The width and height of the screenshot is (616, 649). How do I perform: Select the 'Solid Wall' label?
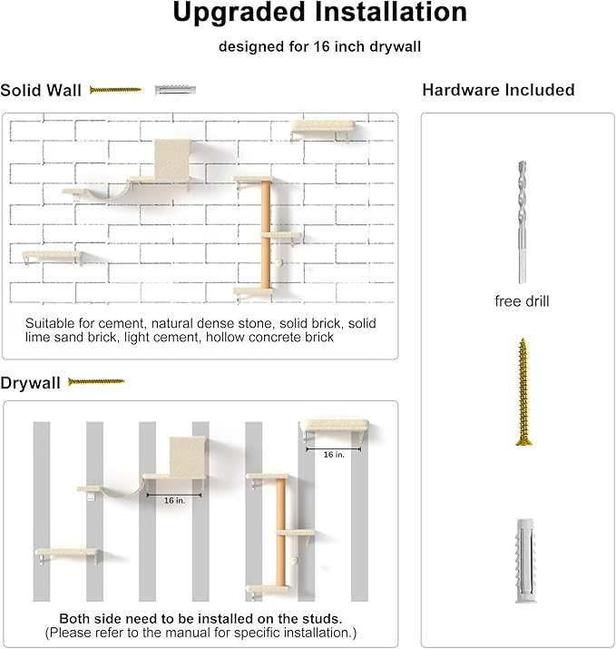[x=41, y=90]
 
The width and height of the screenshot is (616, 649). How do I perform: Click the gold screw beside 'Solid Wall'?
[x=115, y=90]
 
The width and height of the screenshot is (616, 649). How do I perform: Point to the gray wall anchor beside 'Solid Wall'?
[x=175, y=90]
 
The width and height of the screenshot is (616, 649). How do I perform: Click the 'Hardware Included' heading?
[x=498, y=90]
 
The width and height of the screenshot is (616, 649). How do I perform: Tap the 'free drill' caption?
[x=522, y=301]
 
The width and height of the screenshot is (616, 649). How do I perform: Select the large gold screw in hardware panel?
[x=523, y=392]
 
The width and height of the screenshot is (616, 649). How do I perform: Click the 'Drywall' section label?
[x=31, y=383]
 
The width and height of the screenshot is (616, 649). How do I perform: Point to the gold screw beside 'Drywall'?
[x=96, y=382]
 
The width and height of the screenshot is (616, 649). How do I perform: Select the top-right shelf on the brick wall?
[x=320, y=129]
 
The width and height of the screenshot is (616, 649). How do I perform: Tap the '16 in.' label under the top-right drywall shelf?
[x=334, y=453]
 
